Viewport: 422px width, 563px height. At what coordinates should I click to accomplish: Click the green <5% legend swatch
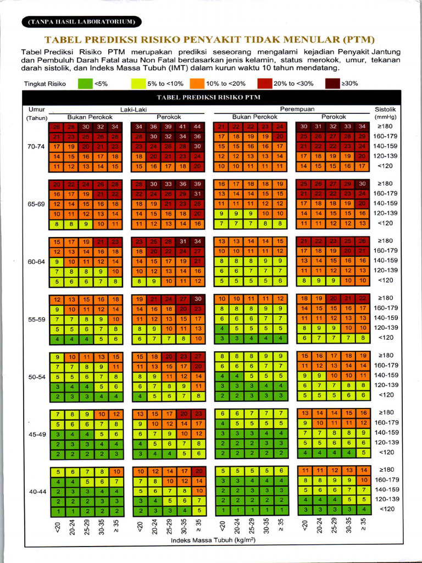pos(85,84)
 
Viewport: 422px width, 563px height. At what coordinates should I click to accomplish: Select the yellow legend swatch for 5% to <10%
pos(137,84)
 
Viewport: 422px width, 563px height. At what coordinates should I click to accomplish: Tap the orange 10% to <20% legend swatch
pos(197,84)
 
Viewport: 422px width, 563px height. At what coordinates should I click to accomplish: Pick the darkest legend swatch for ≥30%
pos(332,84)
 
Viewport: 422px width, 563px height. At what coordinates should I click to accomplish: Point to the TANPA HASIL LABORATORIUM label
pos(82,22)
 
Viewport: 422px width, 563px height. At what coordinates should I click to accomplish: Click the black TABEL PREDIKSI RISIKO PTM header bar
pos(212,97)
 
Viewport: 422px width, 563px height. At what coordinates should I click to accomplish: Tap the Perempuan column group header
pos(297,109)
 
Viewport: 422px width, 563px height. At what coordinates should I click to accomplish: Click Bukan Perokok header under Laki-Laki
pos(90,117)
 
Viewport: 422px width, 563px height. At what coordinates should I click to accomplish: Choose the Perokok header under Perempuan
pos(334,117)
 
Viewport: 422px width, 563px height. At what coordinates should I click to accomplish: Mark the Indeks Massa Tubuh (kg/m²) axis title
pos(213,540)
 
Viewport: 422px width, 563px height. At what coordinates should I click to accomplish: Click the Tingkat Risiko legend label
pos(45,84)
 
